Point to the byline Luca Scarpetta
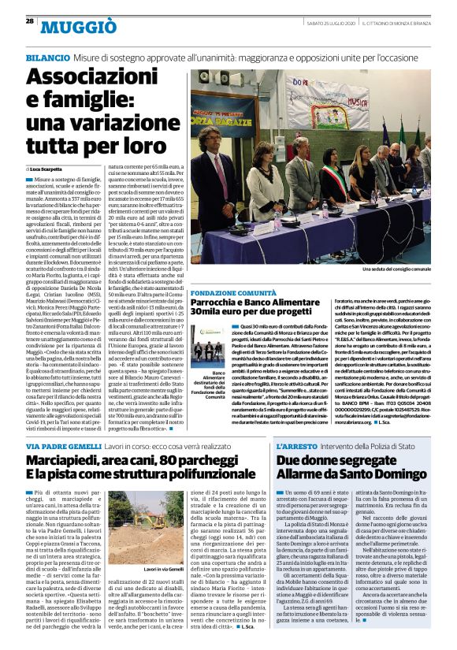50,169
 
